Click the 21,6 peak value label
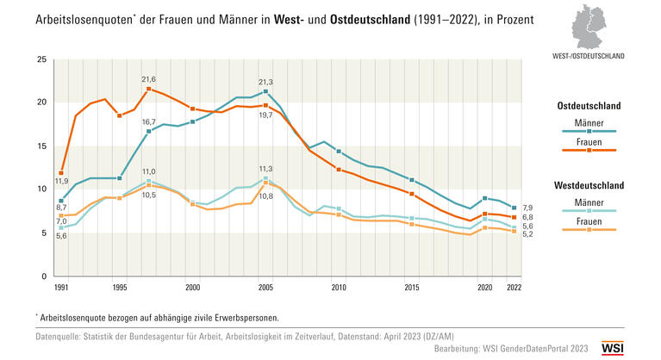tap(148, 79)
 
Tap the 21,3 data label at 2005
tap(265, 82)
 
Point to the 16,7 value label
tap(148, 122)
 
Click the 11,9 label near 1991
tap(61, 181)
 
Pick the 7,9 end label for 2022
tap(527, 208)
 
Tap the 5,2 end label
tap(527, 234)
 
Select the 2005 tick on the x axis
tap(265, 287)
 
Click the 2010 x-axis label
tap(339, 287)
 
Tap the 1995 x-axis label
tap(120, 287)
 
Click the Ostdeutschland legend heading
tap(589, 105)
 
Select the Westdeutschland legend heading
tap(589, 184)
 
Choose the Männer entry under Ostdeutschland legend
tap(589, 121)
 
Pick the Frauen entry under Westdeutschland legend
tap(589, 220)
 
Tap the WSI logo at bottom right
tap(612, 347)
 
